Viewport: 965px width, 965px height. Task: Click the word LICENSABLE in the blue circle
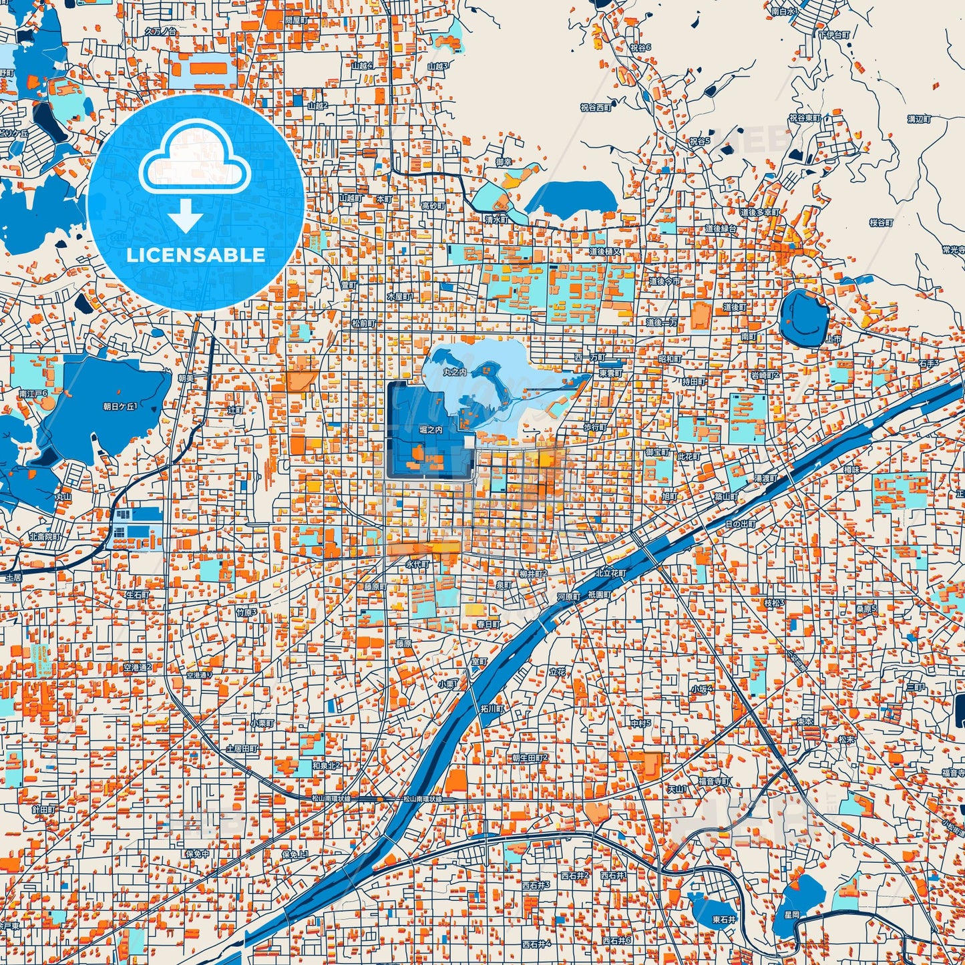[x=196, y=255]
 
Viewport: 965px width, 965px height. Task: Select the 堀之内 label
[x=430, y=430]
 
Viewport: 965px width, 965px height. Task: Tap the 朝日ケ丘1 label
[x=120, y=406]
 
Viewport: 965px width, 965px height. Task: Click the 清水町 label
[x=496, y=219]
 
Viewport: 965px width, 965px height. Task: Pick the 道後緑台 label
[x=721, y=228]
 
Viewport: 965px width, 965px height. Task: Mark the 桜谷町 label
[x=881, y=222]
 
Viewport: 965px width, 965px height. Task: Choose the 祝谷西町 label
[x=596, y=107]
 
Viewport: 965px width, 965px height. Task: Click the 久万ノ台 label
[x=160, y=31]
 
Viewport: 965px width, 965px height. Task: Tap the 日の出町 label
[x=741, y=524]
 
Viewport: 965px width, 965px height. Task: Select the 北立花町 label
[x=611, y=573]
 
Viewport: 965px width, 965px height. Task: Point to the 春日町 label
[x=488, y=624]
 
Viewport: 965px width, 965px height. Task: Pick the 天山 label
[x=677, y=789]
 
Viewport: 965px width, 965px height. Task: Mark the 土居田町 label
[x=242, y=749]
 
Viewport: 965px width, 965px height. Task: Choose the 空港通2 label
[x=138, y=667]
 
